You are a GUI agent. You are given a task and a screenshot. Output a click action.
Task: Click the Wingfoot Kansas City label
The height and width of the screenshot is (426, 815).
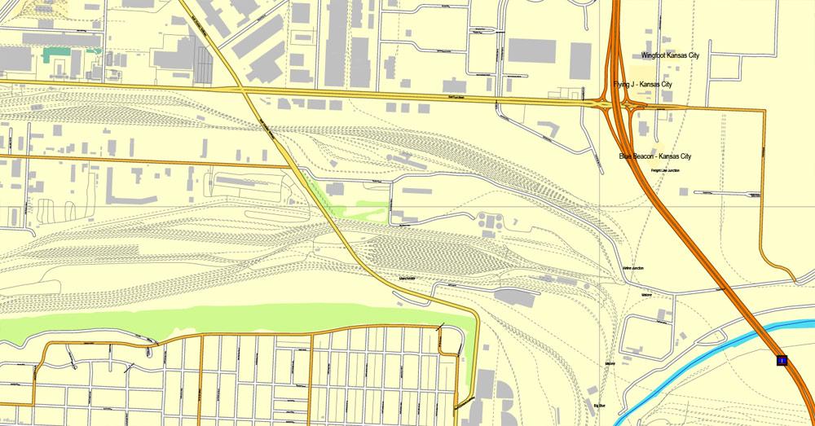click(x=671, y=55)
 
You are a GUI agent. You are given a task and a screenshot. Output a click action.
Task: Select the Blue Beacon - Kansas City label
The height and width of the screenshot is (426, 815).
click(x=654, y=156)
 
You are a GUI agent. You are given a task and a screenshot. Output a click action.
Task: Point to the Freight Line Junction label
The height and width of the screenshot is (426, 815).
click(x=665, y=170)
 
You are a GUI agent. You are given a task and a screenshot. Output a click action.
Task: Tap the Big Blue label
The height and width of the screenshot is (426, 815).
click(x=600, y=405)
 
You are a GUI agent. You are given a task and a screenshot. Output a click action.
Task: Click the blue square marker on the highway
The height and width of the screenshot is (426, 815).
click(x=782, y=360)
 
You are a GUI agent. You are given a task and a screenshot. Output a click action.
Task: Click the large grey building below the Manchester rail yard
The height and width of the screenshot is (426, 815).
click(x=516, y=297)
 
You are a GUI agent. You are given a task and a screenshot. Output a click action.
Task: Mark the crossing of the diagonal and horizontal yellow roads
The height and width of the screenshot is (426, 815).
click(x=244, y=93)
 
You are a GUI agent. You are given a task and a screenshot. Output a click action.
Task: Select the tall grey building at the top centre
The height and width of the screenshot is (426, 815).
click(x=337, y=45)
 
